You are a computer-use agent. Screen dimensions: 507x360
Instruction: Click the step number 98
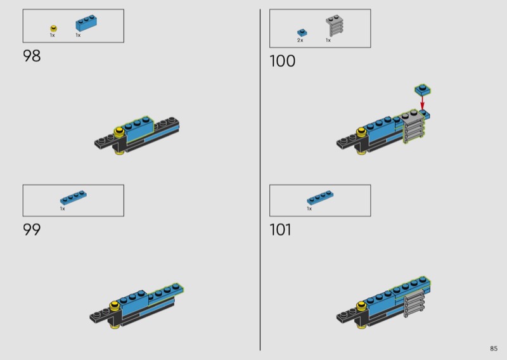click(32, 56)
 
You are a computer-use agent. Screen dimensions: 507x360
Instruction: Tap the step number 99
click(32, 229)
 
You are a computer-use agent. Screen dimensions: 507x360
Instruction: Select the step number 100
click(282, 61)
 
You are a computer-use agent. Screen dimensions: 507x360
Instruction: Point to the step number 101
click(280, 229)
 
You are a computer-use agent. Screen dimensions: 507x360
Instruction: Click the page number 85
click(494, 349)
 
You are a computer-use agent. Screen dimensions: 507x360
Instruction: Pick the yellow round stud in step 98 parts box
click(54, 29)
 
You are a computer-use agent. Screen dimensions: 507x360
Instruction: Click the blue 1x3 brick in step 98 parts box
click(86, 23)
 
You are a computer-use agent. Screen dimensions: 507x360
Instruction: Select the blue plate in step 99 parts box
click(74, 197)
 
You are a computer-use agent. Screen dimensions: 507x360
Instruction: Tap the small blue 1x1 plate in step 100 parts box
click(302, 33)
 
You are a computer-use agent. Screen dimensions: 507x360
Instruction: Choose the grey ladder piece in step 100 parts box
click(335, 26)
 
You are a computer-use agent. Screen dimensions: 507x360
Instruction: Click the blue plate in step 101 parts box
click(320, 197)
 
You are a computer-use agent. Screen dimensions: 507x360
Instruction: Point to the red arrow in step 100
click(422, 103)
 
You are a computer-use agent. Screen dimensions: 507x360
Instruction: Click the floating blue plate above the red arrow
click(423, 90)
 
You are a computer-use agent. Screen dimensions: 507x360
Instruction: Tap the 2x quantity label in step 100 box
click(300, 41)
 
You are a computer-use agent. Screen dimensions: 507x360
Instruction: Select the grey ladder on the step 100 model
click(413, 127)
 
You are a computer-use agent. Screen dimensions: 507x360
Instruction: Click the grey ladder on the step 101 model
click(414, 303)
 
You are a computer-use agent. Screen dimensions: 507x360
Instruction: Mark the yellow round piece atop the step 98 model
click(119, 131)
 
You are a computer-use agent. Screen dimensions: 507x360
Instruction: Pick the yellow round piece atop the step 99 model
click(115, 305)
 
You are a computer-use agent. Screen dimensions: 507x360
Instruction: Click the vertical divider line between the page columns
click(260, 180)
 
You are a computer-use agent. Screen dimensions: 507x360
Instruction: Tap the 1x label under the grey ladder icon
click(328, 41)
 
